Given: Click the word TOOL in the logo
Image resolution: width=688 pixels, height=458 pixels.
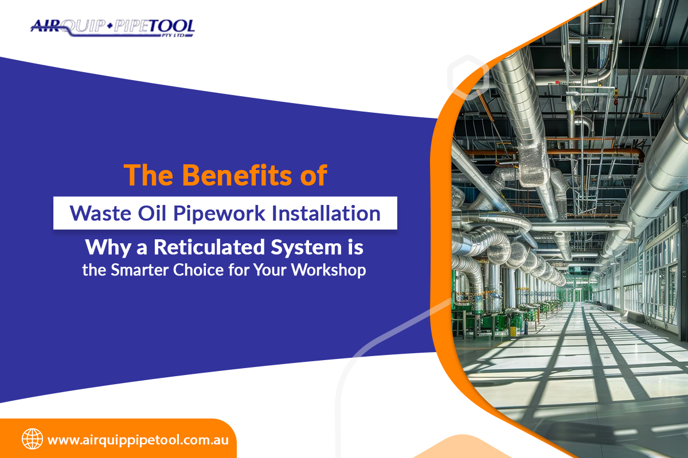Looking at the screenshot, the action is (173, 26).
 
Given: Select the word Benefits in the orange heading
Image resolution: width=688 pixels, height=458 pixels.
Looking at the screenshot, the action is (237, 175).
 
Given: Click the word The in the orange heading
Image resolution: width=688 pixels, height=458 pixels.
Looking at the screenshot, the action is (148, 175).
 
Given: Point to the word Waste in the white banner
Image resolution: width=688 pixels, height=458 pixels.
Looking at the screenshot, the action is (100, 213).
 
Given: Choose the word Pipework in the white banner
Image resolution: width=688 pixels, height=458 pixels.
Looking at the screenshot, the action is (219, 214).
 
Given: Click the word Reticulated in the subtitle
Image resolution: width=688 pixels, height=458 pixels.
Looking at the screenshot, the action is (209, 247).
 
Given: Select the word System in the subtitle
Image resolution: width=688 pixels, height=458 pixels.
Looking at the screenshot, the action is (306, 248).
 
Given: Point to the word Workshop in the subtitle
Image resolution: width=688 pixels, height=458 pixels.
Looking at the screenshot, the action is (329, 271).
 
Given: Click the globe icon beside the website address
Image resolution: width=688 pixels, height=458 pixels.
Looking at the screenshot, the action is (32, 439).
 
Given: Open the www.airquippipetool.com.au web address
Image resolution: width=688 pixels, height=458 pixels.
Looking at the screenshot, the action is (138, 440).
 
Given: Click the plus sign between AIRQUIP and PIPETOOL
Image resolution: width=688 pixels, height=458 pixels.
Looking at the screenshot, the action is (110, 26).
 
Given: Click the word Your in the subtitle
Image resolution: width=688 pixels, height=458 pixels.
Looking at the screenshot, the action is (270, 270).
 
